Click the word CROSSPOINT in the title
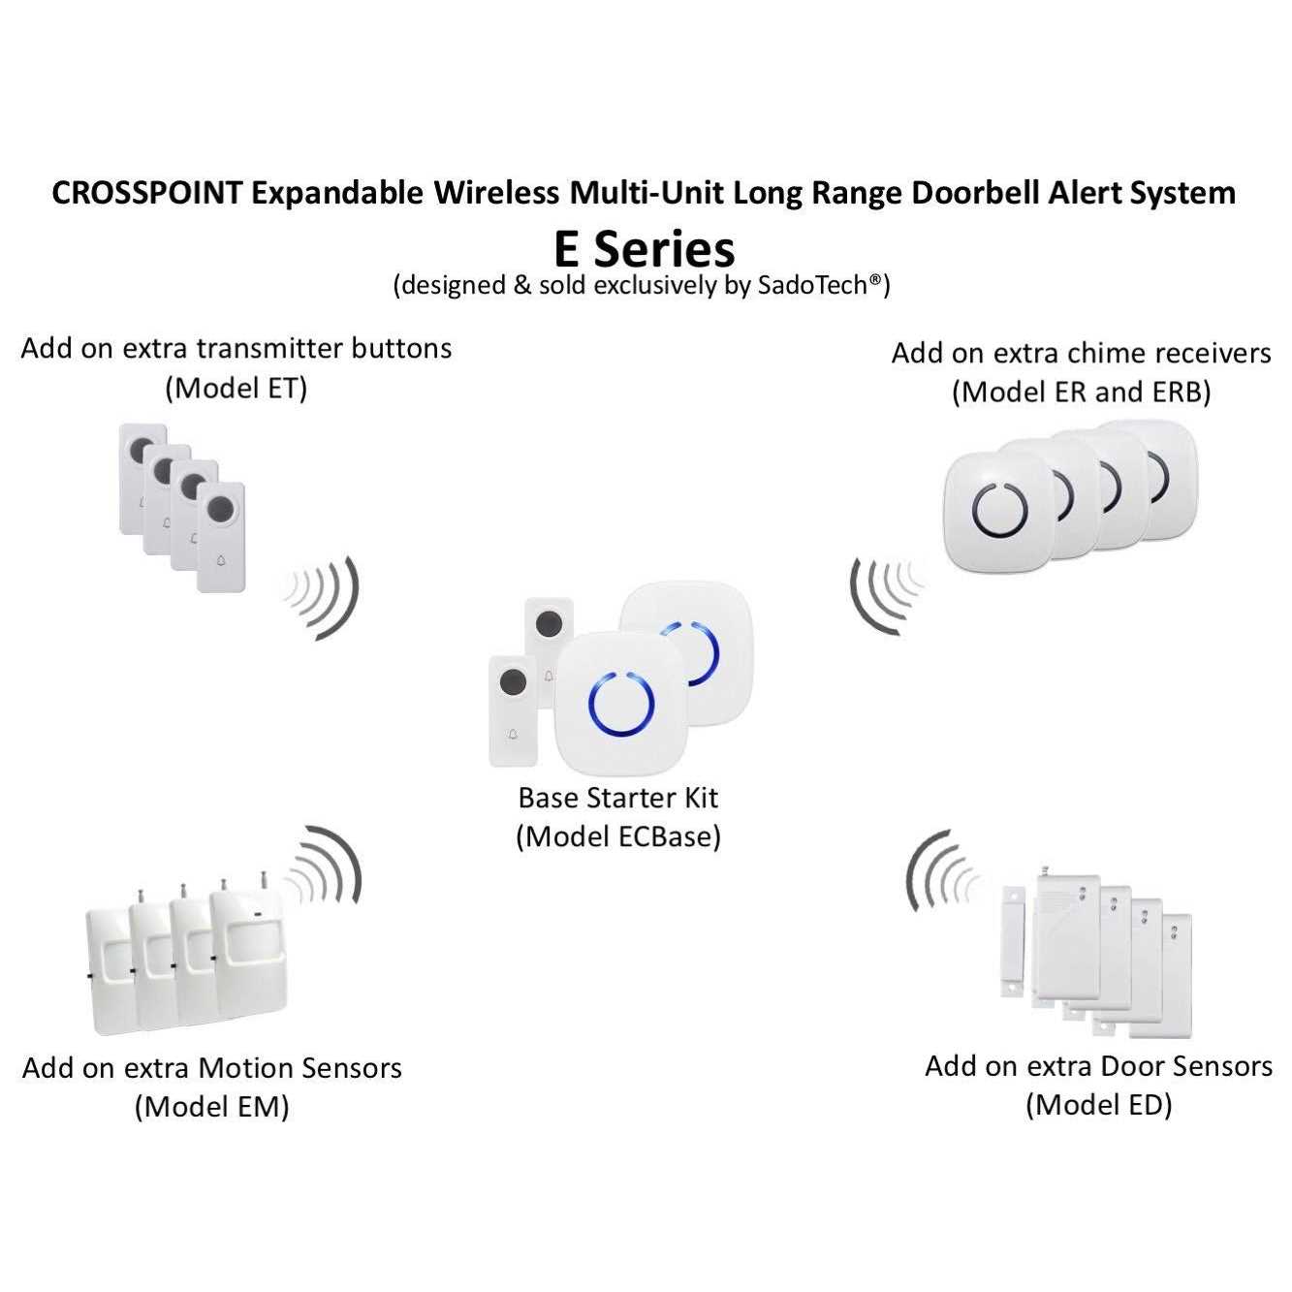point(146,194)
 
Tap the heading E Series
point(645,249)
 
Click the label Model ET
point(236,389)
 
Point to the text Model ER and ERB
point(1081,393)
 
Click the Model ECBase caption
point(618,836)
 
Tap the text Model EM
point(212,1107)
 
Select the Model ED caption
point(1099,1105)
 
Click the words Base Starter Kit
point(618,798)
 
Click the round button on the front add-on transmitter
point(221,511)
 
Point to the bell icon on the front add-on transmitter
point(221,560)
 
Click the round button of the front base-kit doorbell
point(513,683)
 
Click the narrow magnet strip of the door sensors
point(1013,946)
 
